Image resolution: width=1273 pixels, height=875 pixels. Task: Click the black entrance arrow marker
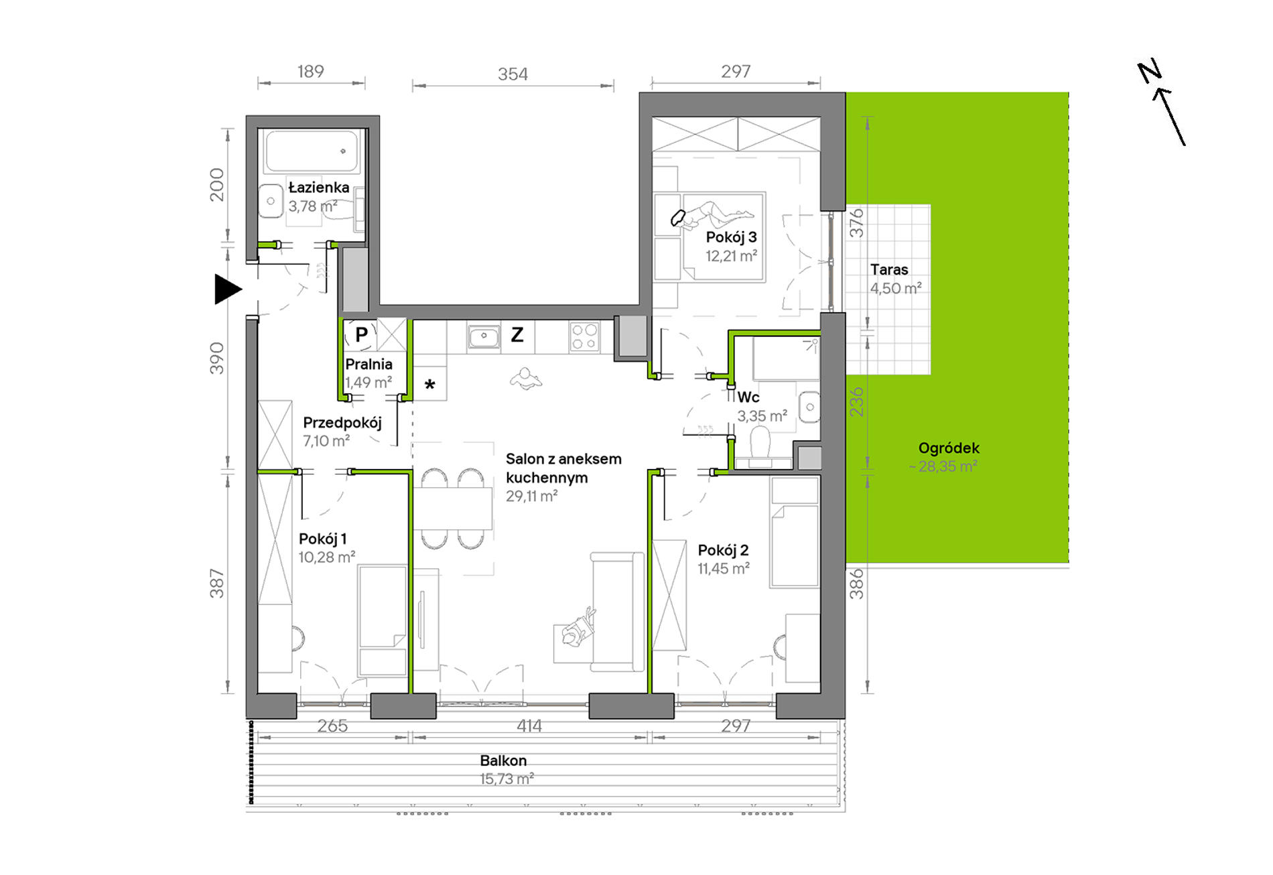pos(227,289)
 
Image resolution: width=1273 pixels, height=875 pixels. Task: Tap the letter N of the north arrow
pos(1150,72)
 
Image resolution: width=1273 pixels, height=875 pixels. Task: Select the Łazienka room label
pos(318,188)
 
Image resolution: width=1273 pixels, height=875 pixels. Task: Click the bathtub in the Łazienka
pos(312,151)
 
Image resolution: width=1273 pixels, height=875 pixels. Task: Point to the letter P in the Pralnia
pos(361,334)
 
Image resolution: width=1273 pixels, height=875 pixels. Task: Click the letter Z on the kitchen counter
pos(517,334)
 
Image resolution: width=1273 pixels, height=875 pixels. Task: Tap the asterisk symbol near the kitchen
pos(430,385)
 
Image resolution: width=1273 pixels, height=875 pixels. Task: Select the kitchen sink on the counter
pos(483,337)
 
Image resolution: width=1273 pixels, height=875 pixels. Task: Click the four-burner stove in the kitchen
pos(584,337)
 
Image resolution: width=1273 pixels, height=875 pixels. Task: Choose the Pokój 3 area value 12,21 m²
pos(731,256)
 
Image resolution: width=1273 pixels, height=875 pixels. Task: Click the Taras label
pos(889,269)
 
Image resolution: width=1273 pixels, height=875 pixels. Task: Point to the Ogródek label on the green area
pos(949,448)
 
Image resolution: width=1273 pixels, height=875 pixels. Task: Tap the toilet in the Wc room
pos(760,448)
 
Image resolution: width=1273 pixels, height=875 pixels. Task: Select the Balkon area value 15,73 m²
pos(507,779)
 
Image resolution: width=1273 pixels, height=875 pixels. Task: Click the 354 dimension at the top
pos(513,74)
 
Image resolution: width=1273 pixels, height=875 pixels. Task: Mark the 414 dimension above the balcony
pos(529,726)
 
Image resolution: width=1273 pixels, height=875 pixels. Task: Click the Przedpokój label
pos(342,423)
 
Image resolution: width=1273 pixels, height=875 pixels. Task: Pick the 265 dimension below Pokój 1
pos(332,726)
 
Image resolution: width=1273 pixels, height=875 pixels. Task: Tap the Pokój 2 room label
pos(723,550)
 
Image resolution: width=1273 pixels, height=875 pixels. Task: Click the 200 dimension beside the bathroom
pos(216,185)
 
